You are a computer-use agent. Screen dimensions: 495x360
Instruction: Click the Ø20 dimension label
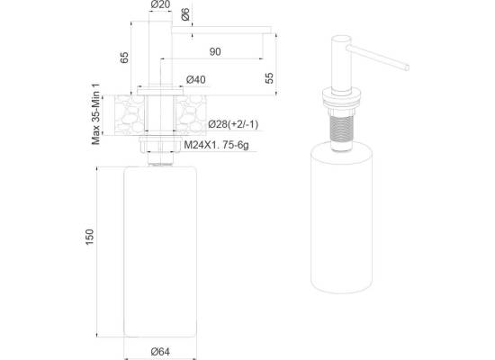pos(161,4)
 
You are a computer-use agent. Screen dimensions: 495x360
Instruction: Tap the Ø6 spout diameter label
pos(185,14)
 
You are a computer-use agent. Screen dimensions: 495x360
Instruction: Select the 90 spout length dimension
pos(215,52)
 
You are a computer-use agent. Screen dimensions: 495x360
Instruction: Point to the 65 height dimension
pos(125,58)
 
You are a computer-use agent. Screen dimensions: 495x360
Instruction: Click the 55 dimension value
pos(269,78)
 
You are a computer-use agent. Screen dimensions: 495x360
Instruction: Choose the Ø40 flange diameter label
pos(195,79)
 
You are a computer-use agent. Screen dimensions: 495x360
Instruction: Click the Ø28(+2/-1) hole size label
pos(233,124)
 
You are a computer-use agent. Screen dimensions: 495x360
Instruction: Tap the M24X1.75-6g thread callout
pos(216,145)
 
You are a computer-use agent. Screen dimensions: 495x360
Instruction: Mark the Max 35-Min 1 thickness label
pos(96,114)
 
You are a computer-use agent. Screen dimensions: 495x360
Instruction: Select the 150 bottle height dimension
pos(90,237)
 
